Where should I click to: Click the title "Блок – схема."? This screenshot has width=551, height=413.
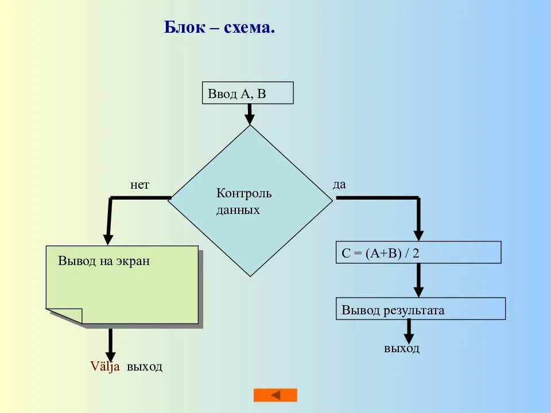[x=219, y=27]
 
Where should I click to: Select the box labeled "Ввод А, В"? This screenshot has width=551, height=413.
[x=247, y=93]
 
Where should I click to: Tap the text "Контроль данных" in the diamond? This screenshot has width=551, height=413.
[x=243, y=201]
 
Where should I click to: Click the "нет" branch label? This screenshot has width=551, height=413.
[x=139, y=185]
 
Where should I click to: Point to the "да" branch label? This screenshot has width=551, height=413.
[x=339, y=184]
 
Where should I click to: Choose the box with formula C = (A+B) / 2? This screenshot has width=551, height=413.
[x=418, y=252]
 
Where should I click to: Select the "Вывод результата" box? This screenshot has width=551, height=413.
[x=420, y=309]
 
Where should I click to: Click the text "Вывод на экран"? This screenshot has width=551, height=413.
[x=104, y=260]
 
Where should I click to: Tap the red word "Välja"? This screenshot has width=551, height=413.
[x=105, y=367]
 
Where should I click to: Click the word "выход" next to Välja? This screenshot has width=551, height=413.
[x=145, y=367]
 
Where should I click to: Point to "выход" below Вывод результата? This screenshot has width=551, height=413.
[x=402, y=348]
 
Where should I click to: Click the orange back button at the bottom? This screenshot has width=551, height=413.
[x=275, y=395]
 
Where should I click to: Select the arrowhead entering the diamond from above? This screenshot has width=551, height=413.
[x=249, y=119]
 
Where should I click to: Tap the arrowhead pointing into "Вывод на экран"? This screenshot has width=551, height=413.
[x=108, y=239]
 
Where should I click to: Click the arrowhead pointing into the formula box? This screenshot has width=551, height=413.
[x=418, y=235]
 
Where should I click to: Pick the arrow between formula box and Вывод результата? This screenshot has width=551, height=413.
[x=418, y=280]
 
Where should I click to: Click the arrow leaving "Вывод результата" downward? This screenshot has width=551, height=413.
[x=409, y=331]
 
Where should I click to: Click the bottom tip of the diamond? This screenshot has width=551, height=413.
[x=250, y=275]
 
